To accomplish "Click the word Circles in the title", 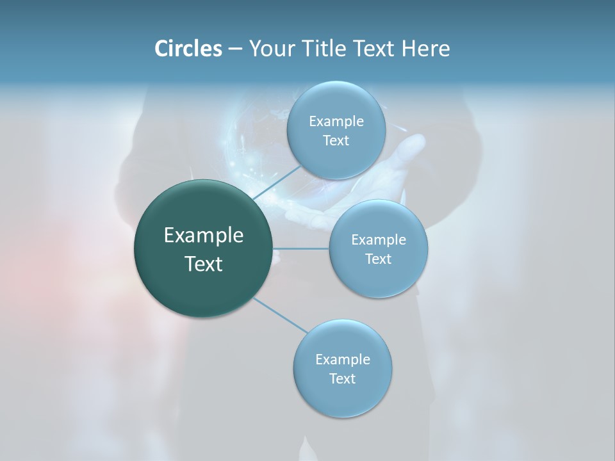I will pos(188,49).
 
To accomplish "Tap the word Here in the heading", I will pos(425,49).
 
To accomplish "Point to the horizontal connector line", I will pos(301,248).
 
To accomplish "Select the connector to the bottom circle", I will pos(281,315).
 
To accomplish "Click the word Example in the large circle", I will pos(204,236).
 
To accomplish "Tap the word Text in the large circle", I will pos(204,264).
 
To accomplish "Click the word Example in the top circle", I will pos(336,122).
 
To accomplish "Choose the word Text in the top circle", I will pos(336,141).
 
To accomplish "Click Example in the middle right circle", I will pos(379,240).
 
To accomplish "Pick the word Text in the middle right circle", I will pos(379,259).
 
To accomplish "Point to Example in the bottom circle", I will pos(343,360).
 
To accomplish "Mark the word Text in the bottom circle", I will pos(342,378).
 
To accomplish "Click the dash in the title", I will pos(234,49).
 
